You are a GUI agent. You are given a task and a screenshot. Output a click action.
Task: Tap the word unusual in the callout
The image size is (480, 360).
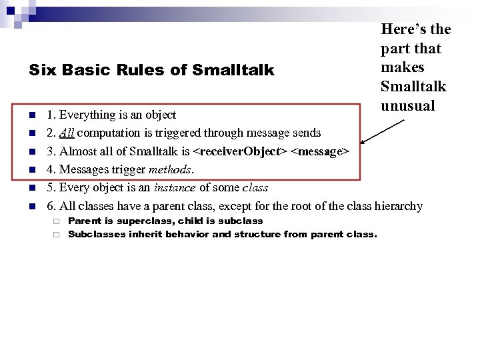click(407, 105)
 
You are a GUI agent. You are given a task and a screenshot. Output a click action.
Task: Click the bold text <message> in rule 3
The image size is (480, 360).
click(319, 151)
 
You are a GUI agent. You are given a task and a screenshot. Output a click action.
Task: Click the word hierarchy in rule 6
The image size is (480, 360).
click(398, 206)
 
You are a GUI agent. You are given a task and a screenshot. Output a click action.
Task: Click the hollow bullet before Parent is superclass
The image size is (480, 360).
click(57, 221)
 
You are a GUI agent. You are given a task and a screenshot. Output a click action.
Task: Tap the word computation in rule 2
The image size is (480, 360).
click(115, 133)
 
